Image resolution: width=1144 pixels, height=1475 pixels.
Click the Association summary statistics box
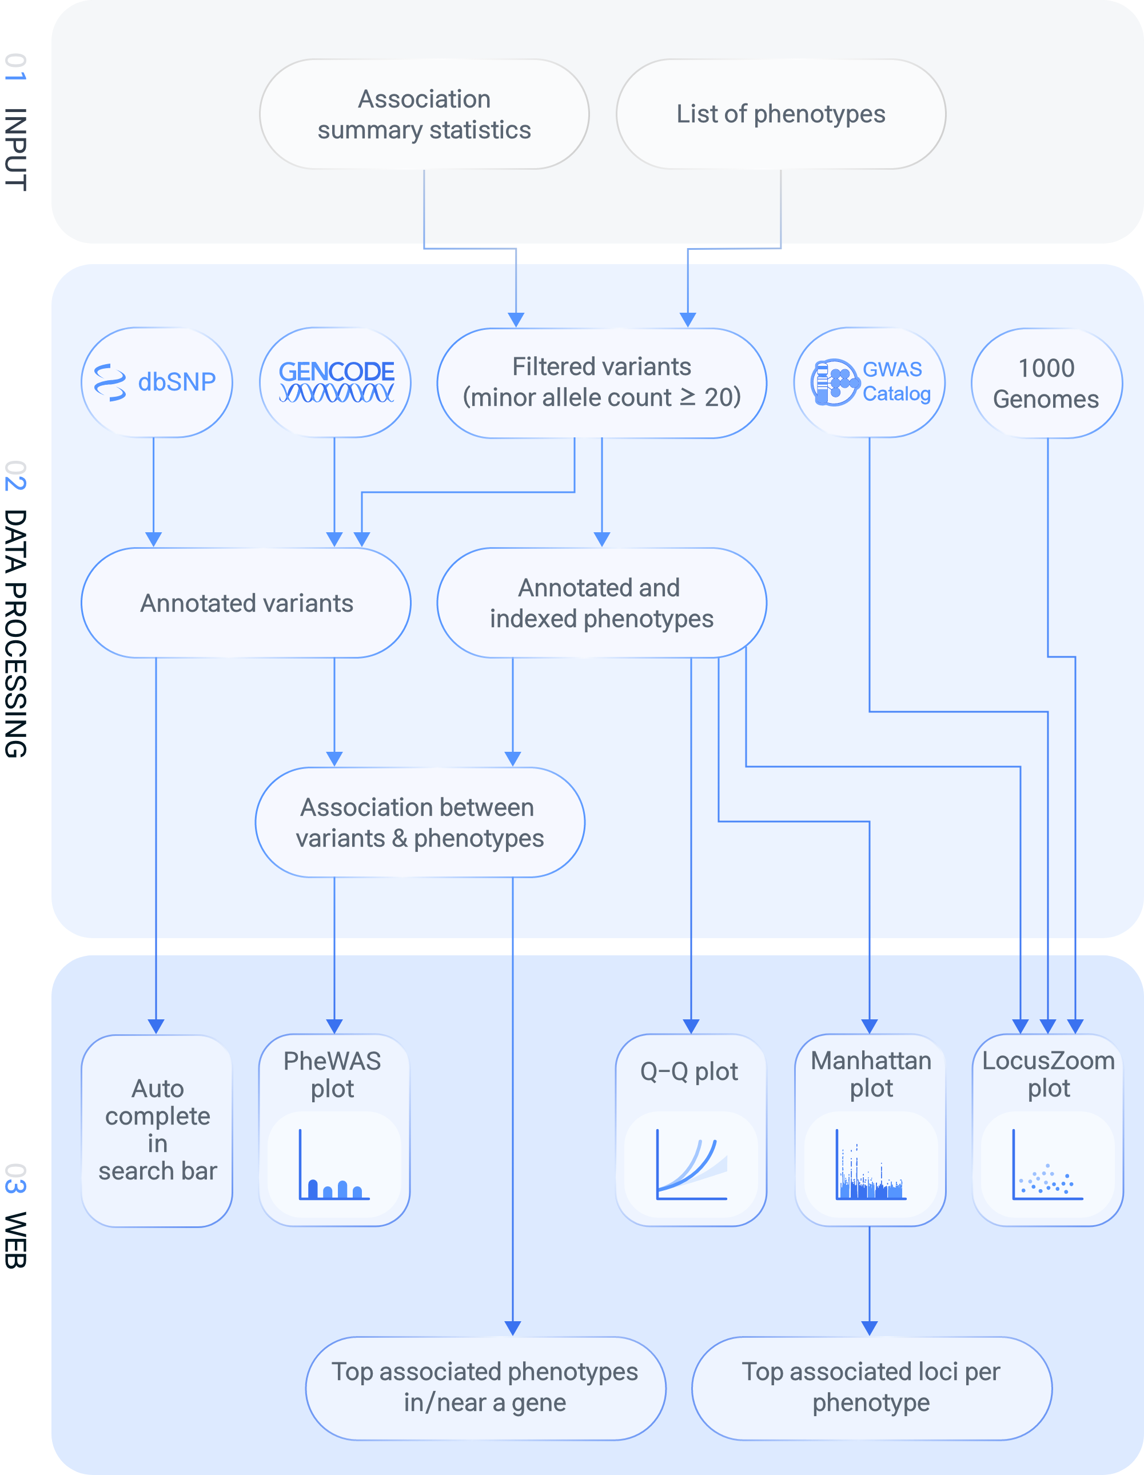coord(424,114)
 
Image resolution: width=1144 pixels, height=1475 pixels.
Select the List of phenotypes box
coord(780,114)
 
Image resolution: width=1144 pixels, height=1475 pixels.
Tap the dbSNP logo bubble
coord(157,382)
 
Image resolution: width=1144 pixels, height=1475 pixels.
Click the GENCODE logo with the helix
coord(336,382)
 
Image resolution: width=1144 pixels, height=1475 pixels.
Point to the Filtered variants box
coord(601,382)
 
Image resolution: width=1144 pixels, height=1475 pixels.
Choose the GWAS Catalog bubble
coord(869,382)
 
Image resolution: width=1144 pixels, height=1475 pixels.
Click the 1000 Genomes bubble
coord(1046,383)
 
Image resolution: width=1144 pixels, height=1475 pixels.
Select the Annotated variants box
coord(246,603)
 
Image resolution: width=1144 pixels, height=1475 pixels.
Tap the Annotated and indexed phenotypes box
coord(601,603)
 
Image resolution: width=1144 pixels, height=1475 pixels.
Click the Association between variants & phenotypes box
coord(420,822)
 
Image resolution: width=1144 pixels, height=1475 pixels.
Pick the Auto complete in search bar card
coord(157,1130)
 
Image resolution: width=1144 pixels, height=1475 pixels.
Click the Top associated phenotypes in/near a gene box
coord(485,1387)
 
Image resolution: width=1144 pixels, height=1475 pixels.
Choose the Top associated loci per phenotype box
coord(871,1387)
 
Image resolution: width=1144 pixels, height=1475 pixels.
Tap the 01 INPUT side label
coord(16,122)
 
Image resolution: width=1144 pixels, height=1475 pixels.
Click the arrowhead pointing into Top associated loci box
coord(870,1327)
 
